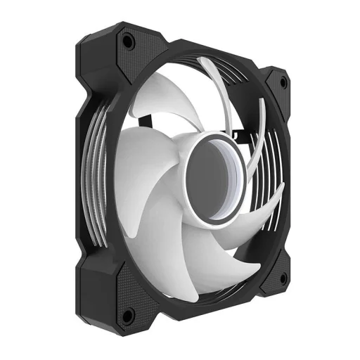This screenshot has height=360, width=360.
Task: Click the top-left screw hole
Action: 127,41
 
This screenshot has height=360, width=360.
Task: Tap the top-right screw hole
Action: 283,82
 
